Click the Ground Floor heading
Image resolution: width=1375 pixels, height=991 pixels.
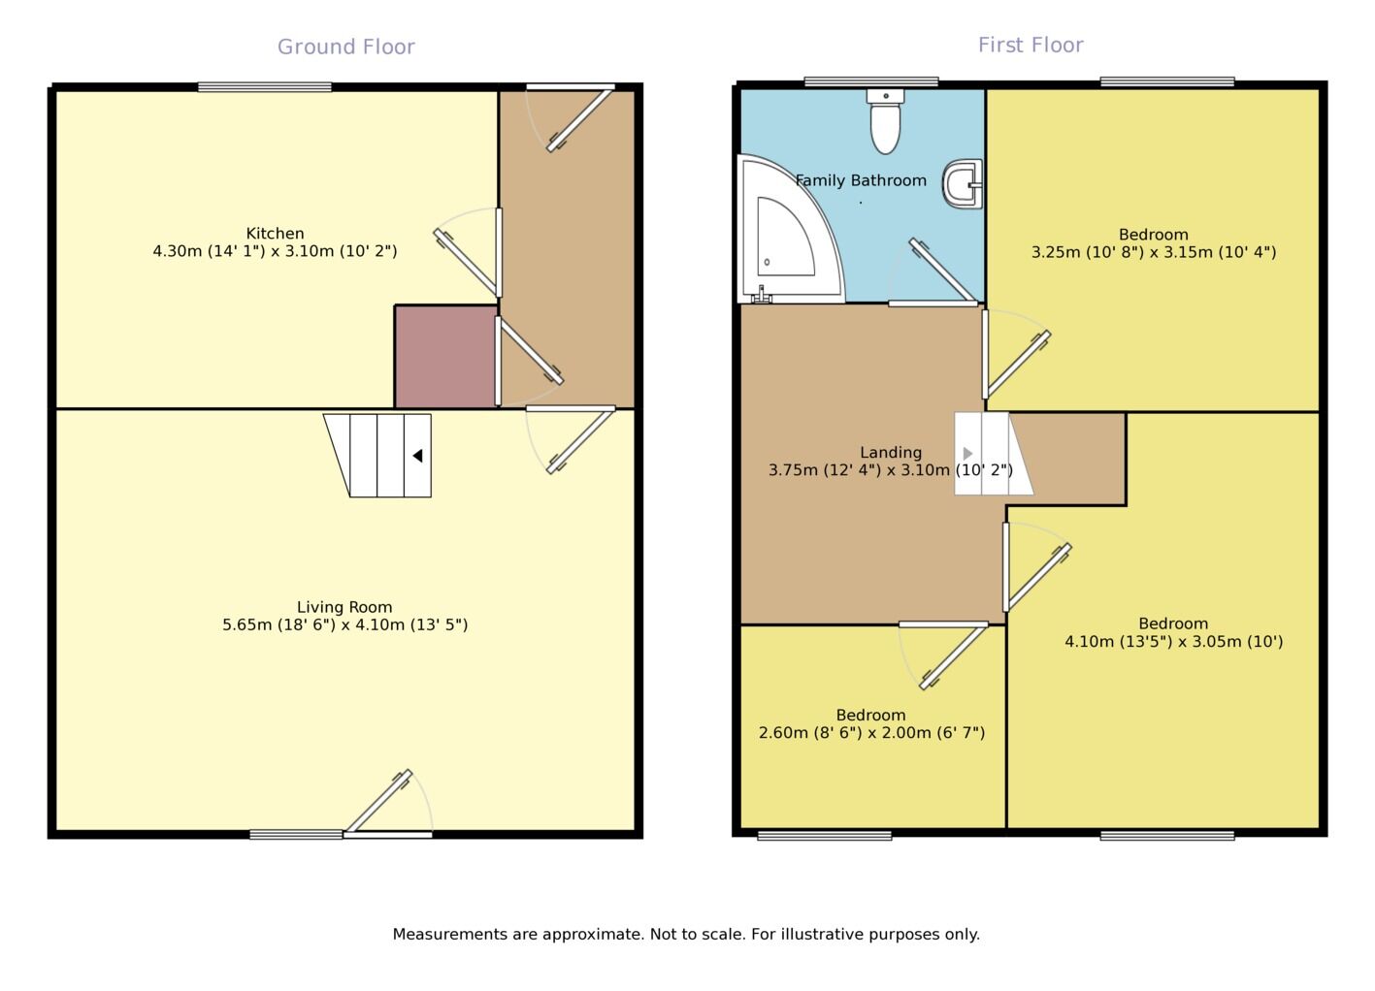[x=345, y=47]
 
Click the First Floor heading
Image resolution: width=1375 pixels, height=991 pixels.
[x=1030, y=45]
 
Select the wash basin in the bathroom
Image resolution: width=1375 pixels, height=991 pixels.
[x=962, y=184]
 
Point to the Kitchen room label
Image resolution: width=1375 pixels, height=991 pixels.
[x=275, y=234]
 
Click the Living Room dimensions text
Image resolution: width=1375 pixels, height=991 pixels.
[x=344, y=625]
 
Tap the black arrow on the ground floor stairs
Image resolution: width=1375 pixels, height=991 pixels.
[x=417, y=456]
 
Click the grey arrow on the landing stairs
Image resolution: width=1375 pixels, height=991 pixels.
[x=967, y=454]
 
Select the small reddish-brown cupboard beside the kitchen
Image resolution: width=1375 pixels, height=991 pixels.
[x=445, y=357]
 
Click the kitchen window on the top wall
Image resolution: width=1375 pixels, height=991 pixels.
[x=264, y=87]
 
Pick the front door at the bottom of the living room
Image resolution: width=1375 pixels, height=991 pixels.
[x=388, y=832]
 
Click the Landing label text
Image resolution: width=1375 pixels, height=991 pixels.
[x=890, y=453]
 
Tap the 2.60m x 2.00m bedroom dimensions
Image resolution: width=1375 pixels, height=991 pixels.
[x=871, y=733]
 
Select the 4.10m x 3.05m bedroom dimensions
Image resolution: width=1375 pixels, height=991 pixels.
[x=1173, y=641]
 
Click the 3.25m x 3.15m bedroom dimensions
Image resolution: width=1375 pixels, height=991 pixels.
[x=1153, y=252]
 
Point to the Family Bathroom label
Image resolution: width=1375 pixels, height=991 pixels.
[x=861, y=180]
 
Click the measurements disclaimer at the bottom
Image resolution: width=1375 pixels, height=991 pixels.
[x=686, y=934]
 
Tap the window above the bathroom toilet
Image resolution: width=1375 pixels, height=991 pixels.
[x=871, y=82]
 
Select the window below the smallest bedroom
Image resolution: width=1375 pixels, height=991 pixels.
[x=824, y=835]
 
